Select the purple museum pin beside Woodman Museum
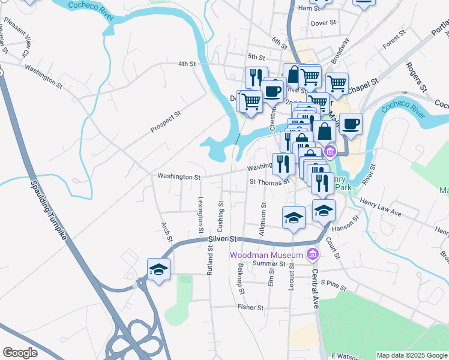pos(312,255)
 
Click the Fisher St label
pos(250,307)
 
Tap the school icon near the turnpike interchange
pos(158,270)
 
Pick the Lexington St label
pos(200,211)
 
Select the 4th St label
pos(187,64)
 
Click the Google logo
pos(20,353)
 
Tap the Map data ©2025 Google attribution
pos(412,355)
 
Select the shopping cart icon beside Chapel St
pos(337,85)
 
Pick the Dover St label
pos(322,23)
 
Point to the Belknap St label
pos(241,280)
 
